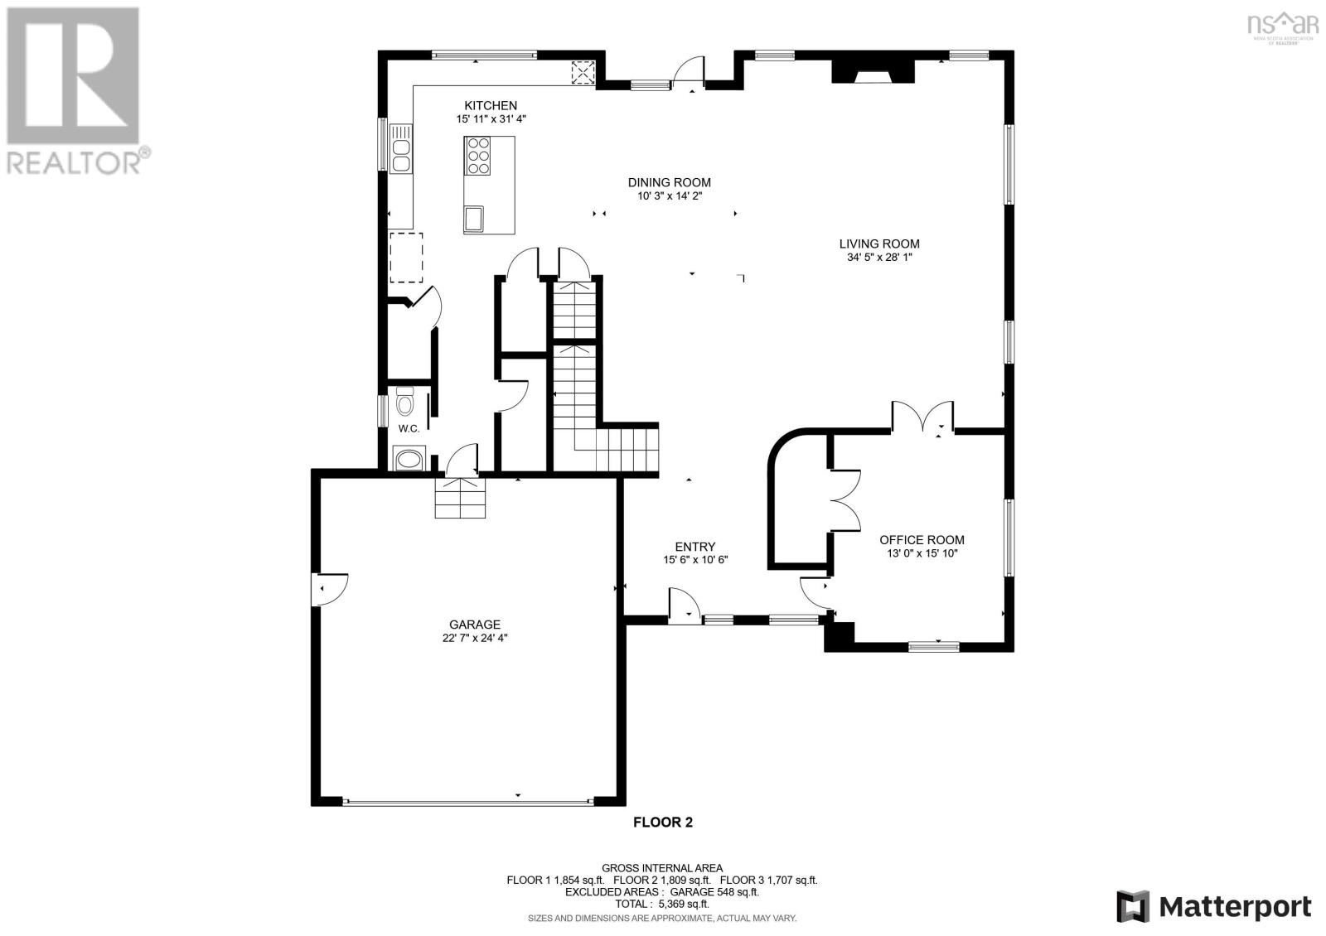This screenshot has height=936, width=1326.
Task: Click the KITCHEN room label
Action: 490,105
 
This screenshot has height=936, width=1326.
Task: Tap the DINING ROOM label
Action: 669,182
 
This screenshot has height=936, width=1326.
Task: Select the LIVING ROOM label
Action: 879,244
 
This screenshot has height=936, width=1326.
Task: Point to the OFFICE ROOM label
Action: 922,539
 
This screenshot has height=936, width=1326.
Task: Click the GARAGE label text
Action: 475,625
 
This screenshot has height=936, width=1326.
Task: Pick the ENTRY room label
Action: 695,547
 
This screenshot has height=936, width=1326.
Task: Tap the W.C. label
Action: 409,428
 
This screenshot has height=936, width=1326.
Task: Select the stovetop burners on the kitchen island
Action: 477,156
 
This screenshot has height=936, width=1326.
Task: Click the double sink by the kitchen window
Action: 401,148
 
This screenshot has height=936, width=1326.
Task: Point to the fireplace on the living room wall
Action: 874,70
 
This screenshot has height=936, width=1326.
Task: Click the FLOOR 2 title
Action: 662,822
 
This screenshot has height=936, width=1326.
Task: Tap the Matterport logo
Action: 1214,906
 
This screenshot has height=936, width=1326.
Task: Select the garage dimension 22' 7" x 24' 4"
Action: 475,638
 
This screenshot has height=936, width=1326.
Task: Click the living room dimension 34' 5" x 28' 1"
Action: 879,257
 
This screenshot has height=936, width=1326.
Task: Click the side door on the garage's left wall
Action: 330,589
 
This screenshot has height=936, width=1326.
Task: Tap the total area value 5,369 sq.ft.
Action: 685,904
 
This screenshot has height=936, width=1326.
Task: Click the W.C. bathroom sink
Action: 409,460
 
